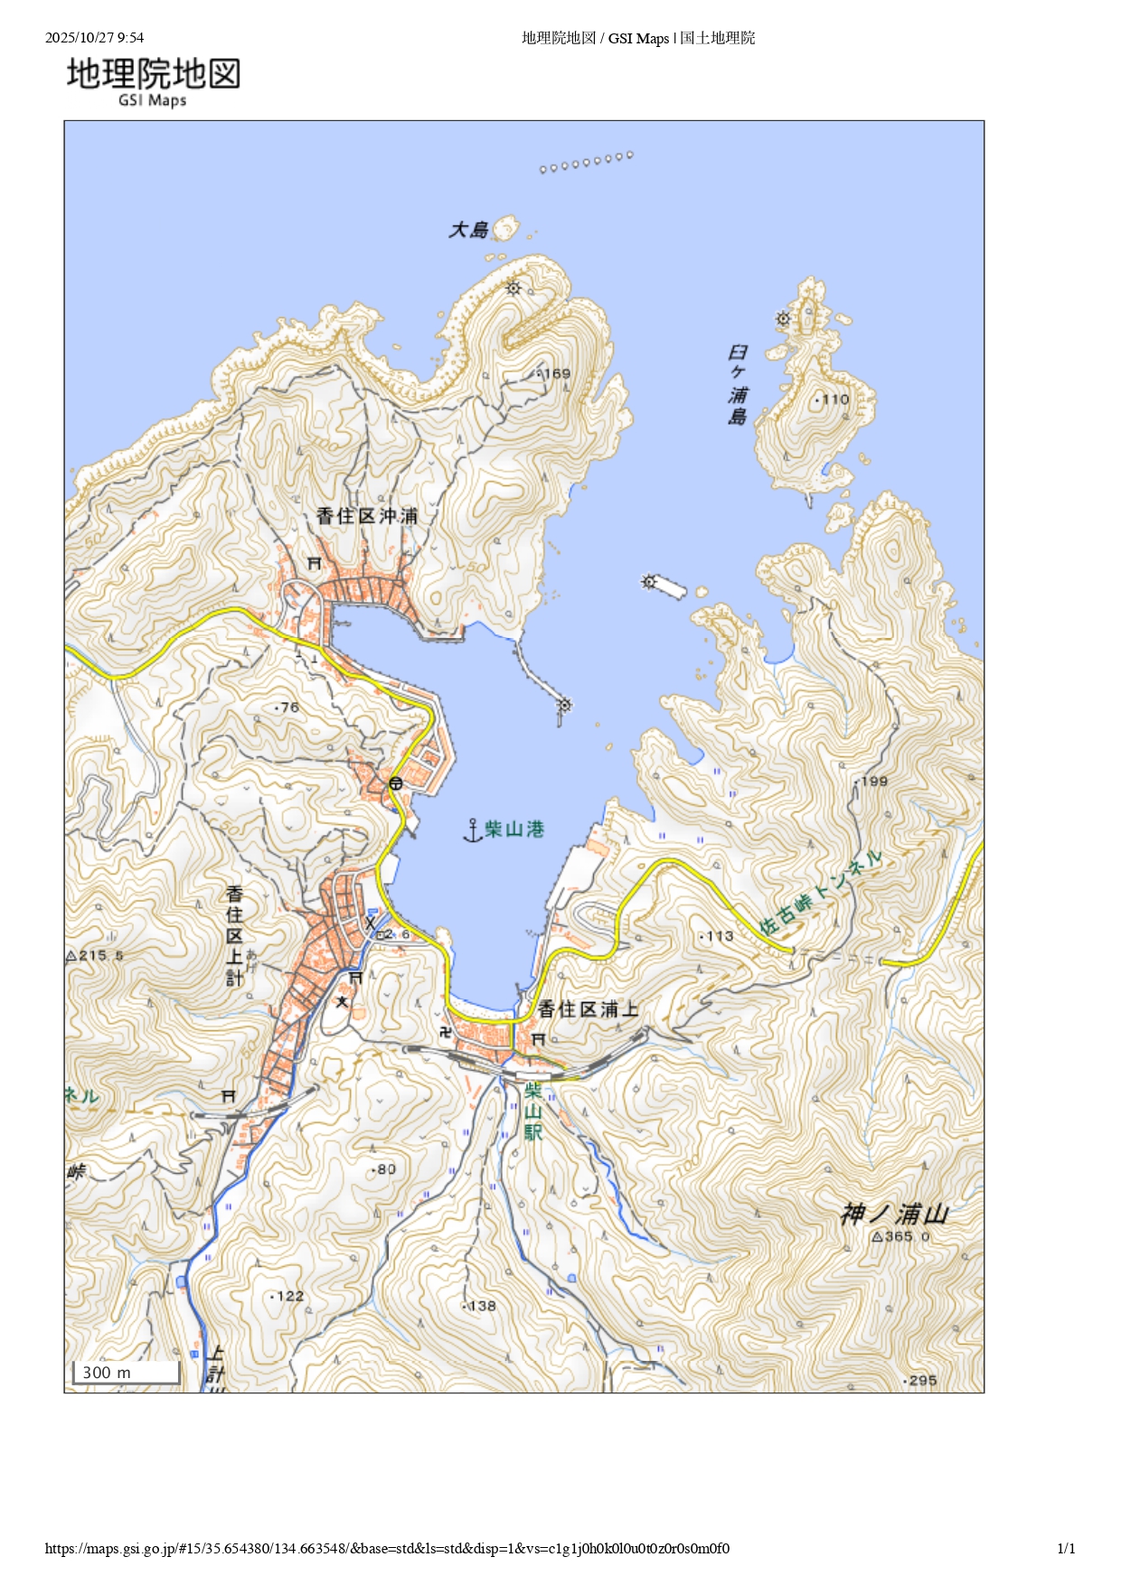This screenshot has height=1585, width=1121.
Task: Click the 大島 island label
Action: click(x=468, y=230)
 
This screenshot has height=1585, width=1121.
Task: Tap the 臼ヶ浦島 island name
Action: click(x=738, y=384)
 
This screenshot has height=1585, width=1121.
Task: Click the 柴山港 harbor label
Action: click(x=514, y=830)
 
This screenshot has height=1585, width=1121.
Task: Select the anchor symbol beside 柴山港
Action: click(x=472, y=830)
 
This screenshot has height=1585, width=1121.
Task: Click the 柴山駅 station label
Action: click(x=532, y=1111)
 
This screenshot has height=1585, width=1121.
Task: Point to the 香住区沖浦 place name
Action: click(x=367, y=516)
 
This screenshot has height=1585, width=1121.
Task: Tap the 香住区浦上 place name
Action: click(x=588, y=1009)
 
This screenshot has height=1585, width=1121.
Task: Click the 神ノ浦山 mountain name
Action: click(x=894, y=1214)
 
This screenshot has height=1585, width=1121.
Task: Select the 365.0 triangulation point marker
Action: click(x=876, y=1237)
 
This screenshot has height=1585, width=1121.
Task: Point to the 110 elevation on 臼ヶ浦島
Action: click(x=834, y=399)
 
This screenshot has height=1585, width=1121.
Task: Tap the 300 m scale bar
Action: click(x=126, y=1373)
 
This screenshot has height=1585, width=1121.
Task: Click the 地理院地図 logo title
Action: click(x=154, y=74)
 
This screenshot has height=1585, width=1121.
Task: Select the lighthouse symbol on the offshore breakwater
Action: click(x=648, y=581)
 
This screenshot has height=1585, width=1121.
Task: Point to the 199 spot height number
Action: click(x=873, y=782)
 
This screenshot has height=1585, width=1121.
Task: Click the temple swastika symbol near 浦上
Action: click(x=445, y=1031)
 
